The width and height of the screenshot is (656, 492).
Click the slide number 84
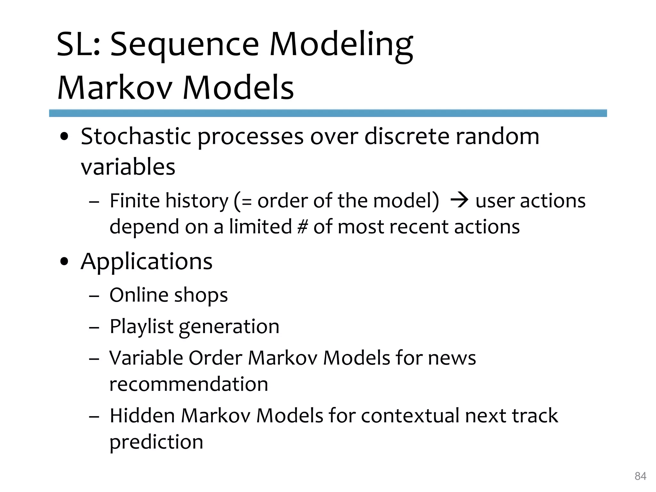tap(640, 476)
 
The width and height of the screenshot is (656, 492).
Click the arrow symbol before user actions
tap(459, 201)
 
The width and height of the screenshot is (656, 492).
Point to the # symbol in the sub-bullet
tap(302, 227)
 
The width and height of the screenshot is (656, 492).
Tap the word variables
tap(128, 167)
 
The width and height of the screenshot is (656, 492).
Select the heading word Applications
tap(146, 261)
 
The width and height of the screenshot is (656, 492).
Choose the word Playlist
tap(142, 327)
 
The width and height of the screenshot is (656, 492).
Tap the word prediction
tap(156, 442)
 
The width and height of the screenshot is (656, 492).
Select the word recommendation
tap(189, 384)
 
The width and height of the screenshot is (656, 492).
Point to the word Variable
tap(146, 358)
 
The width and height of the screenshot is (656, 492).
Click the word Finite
tap(135, 201)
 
